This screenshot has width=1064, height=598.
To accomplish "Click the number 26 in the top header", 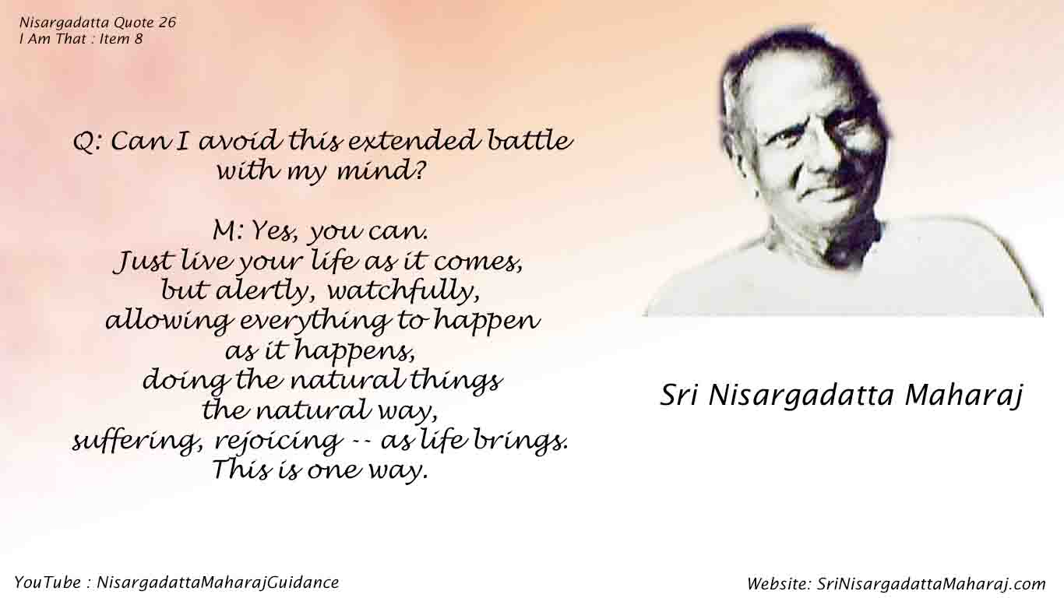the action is pyautogui.click(x=167, y=23).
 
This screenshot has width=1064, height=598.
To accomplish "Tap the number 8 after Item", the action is pyautogui.click(x=138, y=39).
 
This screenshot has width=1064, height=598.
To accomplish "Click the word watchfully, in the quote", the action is pyautogui.click(x=403, y=290).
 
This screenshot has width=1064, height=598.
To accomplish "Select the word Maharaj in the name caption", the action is pyautogui.click(x=964, y=396).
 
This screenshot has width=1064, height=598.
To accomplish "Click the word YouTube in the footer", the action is pyautogui.click(x=41, y=582).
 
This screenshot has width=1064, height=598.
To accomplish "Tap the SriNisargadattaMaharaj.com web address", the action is pyautogui.click(x=932, y=584).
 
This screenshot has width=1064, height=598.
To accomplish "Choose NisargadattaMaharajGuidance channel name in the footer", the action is pyautogui.click(x=218, y=582).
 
